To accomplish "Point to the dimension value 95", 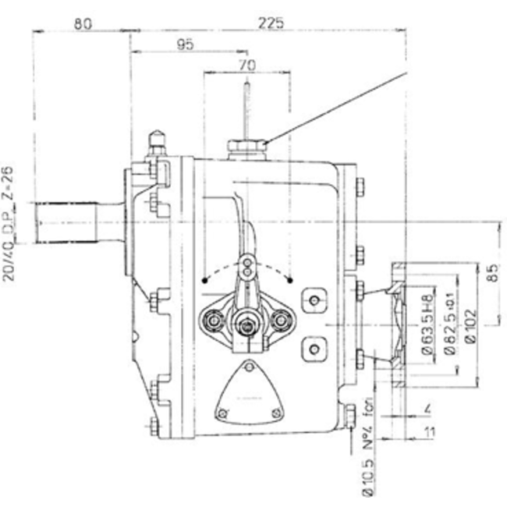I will click(185, 45).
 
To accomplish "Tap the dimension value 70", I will click(247, 66).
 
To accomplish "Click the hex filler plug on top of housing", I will click(245, 146).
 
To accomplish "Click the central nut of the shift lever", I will click(248, 320).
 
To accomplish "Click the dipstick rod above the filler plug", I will click(245, 105).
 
